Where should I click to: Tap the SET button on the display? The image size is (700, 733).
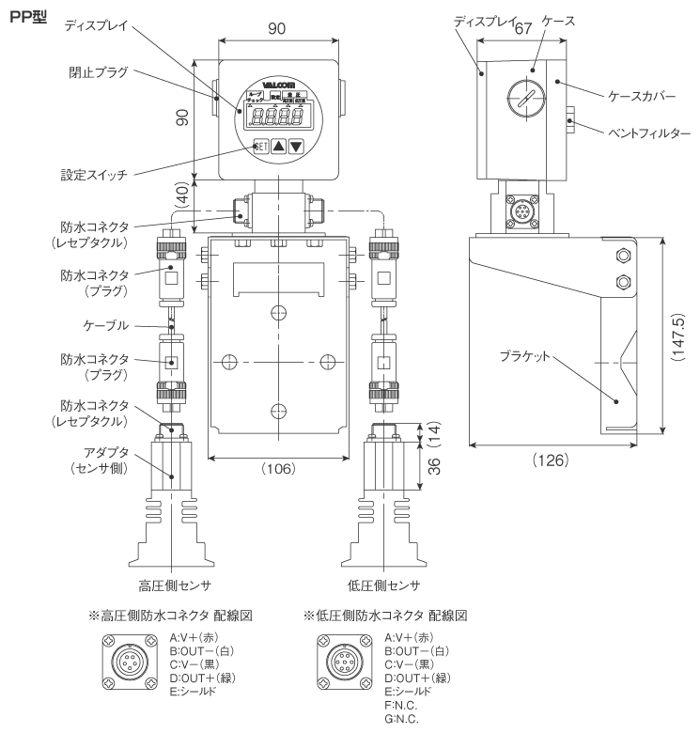[260, 146]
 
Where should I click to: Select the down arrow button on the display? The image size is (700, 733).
[297, 146]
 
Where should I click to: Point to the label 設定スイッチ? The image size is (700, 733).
[95, 175]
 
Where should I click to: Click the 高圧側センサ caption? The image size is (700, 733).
[172, 585]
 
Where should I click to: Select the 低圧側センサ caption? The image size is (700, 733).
[385, 585]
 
